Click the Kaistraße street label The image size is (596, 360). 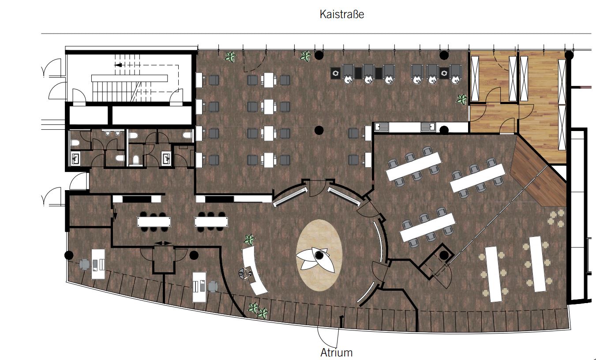click(x=341, y=15)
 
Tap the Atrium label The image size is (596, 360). click(x=336, y=352)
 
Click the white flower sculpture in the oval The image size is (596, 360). click(x=315, y=259)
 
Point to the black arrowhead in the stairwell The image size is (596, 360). click(x=118, y=65)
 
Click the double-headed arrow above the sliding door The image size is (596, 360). click(x=163, y=243)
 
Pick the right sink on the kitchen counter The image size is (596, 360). click(x=428, y=127)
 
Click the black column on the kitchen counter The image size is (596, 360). click(x=444, y=130)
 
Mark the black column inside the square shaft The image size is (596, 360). click(x=444, y=255)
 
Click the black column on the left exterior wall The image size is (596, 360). click(x=69, y=255)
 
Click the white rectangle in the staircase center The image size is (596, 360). click(x=130, y=78)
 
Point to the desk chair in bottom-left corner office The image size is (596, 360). click(x=84, y=264)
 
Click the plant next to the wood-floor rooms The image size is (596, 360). click(x=462, y=99)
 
